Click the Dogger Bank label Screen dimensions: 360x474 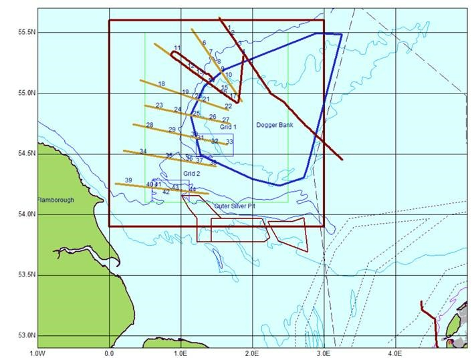point(275,125)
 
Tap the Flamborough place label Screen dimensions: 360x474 point(55,200)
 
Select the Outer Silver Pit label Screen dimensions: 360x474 point(235,206)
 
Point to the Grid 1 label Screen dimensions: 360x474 point(229,126)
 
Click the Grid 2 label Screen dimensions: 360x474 point(192,174)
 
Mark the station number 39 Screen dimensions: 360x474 point(128,180)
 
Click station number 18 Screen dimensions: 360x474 point(161,84)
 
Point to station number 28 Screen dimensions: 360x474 point(150,126)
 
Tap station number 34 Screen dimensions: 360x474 point(143,151)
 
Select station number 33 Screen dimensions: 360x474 point(229,142)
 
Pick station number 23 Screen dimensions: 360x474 point(159,106)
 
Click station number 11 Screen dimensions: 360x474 point(177,48)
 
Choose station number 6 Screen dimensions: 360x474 point(204,43)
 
